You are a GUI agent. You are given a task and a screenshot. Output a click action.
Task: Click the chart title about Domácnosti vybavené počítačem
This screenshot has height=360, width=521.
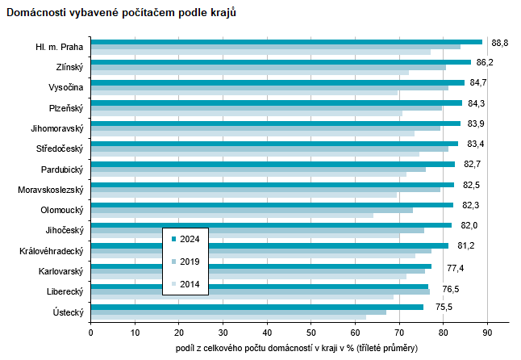122,15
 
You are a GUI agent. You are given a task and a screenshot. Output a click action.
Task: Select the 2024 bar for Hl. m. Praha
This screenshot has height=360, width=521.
286,42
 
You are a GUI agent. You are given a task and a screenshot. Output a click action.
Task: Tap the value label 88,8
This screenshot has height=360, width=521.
500,42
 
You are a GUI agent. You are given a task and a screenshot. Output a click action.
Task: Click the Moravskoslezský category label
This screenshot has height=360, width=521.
51,190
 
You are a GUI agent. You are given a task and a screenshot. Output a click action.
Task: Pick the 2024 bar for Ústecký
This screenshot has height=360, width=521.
257,307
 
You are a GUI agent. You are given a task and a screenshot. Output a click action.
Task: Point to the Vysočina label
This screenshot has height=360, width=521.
65,87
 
